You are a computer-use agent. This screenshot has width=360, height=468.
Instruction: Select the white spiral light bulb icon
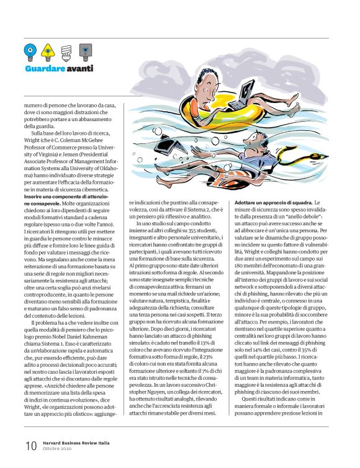pyautogui.click(x=66, y=50)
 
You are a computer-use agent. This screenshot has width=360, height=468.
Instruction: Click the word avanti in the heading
pyautogui.click(x=80, y=68)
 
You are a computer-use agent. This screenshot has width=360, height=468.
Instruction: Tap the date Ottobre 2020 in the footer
pyautogui.click(x=58, y=449)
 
